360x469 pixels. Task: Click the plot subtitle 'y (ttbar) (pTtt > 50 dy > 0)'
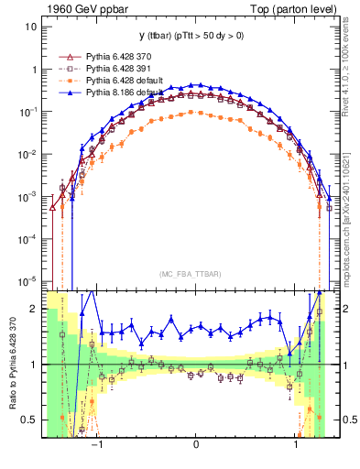click(196, 36)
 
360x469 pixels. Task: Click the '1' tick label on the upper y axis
click(34, 70)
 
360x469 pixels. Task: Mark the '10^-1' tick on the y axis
click(29, 112)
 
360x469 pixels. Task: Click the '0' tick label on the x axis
click(196, 442)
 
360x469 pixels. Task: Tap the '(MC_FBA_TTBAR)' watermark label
click(196, 272)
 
